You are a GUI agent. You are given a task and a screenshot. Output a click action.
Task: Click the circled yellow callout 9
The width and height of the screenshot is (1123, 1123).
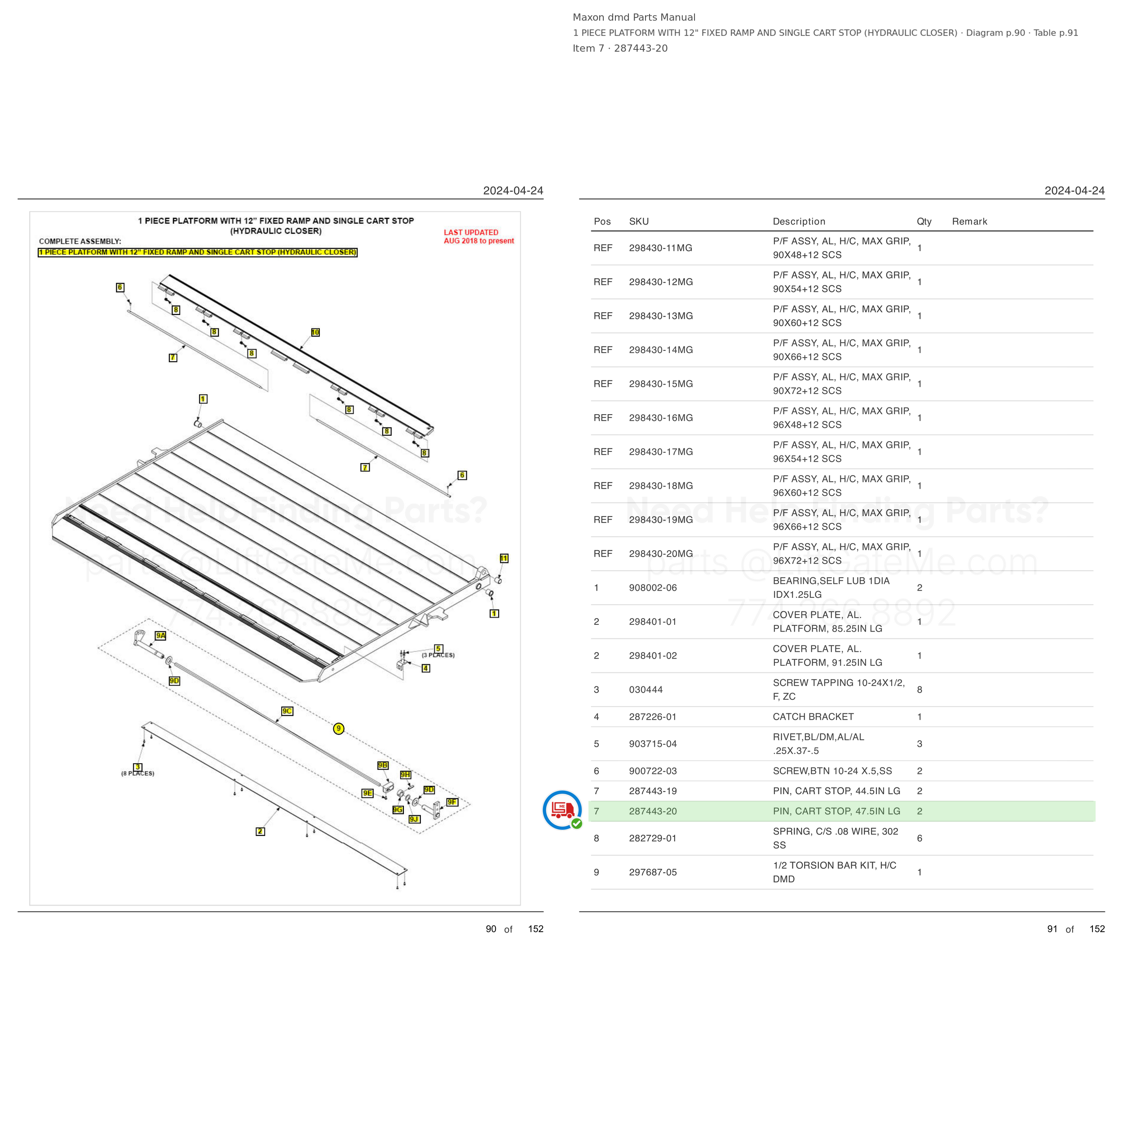tap(339, 728)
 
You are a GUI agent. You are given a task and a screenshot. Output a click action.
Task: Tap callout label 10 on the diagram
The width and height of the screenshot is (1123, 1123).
tap(315, 332)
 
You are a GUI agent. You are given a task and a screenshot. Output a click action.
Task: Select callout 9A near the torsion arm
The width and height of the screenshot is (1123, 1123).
tap(160, 635)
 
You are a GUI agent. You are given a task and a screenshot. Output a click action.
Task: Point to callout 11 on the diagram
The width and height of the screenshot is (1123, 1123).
tap(504, 558)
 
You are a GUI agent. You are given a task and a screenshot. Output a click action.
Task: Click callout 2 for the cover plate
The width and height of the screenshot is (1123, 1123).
tap(261, 831)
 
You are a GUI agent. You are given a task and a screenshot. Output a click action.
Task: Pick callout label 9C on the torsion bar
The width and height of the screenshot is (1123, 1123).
tap(287, 711)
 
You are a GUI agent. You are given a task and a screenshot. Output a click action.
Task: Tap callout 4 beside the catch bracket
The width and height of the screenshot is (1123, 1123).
tap(426, 668)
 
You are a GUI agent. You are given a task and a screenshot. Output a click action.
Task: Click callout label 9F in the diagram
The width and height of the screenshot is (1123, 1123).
tap(452, 802)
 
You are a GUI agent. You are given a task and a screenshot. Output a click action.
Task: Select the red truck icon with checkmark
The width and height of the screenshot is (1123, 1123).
tap(562, 810)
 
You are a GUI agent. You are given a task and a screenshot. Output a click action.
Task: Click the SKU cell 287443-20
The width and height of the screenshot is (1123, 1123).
tap(653, 811)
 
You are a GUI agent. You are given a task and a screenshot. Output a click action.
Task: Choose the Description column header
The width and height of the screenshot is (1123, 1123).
tap(799, 221)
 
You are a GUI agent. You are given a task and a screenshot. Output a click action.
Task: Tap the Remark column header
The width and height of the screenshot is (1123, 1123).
tap(969, 221)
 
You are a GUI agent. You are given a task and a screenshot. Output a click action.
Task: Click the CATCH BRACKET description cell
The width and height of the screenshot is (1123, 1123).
tap(813, 716)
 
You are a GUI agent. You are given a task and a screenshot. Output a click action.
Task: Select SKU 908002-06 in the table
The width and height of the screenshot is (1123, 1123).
tap(653, 588)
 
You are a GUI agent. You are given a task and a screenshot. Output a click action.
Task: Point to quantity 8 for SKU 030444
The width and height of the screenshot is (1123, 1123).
tap(920, 690)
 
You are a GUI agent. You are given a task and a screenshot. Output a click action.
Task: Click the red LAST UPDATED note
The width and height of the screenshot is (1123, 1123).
tap(478, 237)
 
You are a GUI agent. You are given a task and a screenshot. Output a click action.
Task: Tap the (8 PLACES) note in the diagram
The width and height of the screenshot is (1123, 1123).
tap(138, 774)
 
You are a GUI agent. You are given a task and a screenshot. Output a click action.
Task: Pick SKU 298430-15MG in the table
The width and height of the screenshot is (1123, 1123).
tap(661, 384)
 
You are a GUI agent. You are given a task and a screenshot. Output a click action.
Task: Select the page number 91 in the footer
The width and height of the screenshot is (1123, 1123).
tap(1052, 929)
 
